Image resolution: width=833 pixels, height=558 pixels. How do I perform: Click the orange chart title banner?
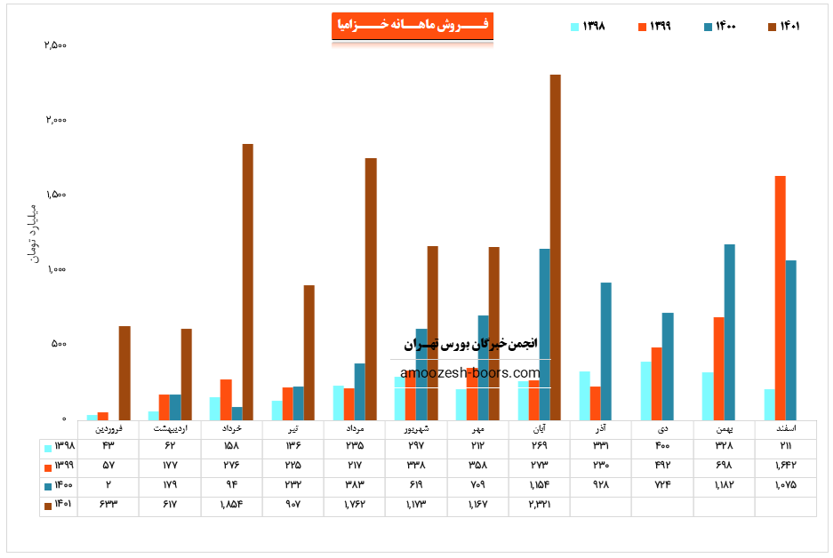click(x=412, y=26)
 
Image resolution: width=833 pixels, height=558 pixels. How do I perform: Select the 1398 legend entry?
click(x=589, y=27)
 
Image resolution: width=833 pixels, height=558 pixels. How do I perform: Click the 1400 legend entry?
click(x=719, y=27)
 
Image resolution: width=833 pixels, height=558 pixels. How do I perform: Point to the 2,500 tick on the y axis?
click(x=55, y=45)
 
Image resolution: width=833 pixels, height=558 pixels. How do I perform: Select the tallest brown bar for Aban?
click(x=556, y=246)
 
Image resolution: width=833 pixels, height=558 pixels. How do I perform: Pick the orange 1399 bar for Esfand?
click(x=780, y=298)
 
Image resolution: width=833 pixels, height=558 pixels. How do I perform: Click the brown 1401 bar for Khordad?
click(x=248, y=281)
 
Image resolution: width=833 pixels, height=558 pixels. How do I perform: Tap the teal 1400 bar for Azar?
click(x=605, y=351)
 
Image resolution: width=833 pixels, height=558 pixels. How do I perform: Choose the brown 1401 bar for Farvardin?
click(x=124, y=372)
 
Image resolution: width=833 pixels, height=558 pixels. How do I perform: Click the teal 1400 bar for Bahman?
click(x=730, y=331)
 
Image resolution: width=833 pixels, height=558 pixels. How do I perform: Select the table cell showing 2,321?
click(x=539, y=506)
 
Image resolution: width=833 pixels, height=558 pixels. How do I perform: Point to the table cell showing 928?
click(x=600, y=486)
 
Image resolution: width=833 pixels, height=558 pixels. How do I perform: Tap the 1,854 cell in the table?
click(x=229, y=506)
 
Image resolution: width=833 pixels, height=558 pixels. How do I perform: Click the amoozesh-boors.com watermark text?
click(x=470, y=373)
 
